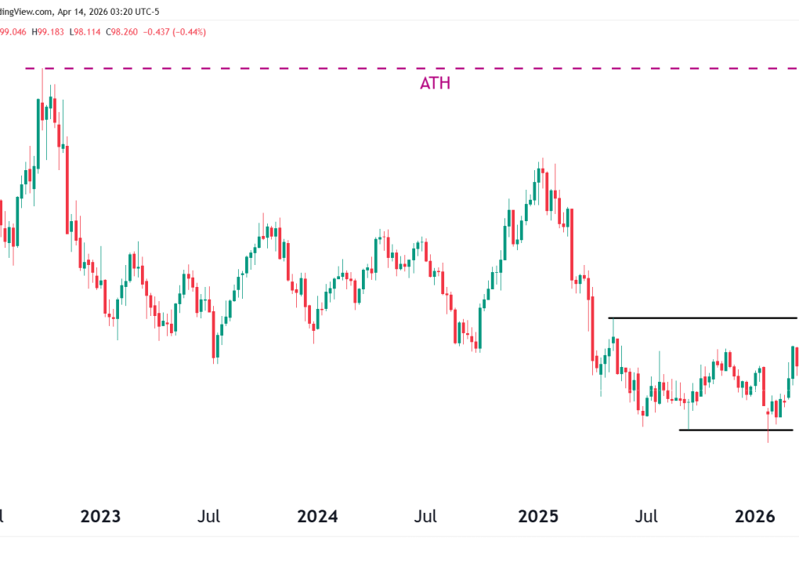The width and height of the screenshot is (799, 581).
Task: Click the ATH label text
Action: coord(435,83)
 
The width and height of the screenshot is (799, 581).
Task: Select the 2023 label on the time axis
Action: coord(101,517)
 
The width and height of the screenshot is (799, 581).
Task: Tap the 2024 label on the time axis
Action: coord(317,517)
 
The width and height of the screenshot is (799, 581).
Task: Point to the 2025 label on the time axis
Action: coord(538,517)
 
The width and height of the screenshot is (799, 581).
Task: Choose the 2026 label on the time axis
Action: coord(755,517)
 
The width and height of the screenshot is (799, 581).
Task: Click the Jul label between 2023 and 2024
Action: coord(209,517)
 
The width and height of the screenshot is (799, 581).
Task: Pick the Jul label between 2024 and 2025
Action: coord(425,517)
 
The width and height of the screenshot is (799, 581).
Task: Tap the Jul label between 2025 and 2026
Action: coord(646,517)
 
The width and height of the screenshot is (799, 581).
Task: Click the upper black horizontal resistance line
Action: coord(705,318)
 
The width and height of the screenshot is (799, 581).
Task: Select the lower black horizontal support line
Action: coord(736,430)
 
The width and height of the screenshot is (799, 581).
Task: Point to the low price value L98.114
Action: coord(85,32)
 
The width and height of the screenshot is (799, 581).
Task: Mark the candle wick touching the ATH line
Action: coord(42,74)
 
